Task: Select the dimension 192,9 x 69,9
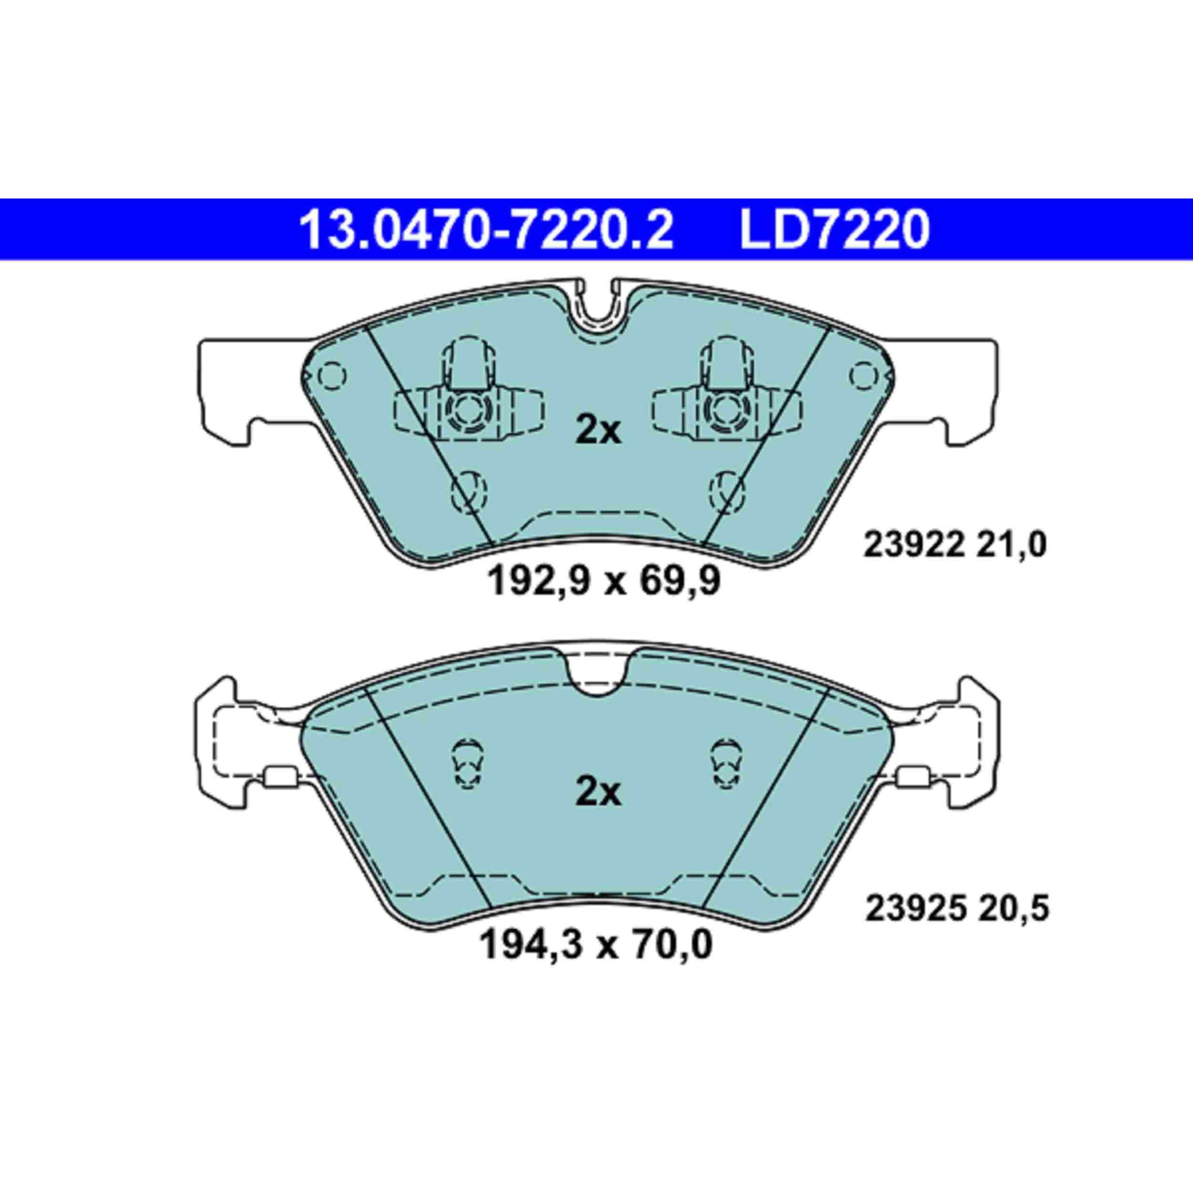pos(604,582)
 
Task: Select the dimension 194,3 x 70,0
pos(596,945)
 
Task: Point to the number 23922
pos(913,546)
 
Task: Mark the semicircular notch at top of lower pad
pos(597,679)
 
